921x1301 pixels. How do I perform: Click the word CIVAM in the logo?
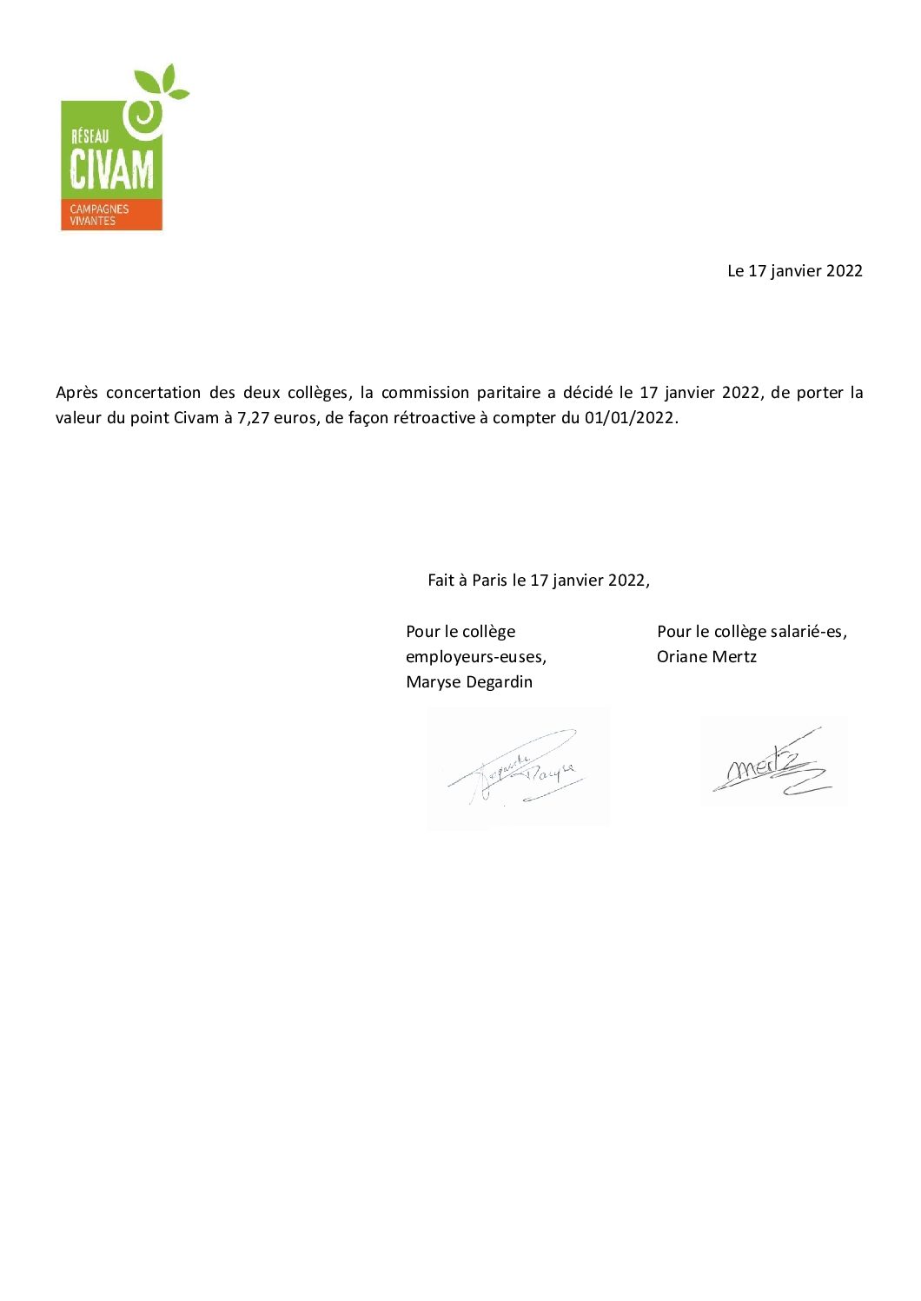[x=111, y=169]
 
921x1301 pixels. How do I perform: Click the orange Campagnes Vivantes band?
[x=110, y=215]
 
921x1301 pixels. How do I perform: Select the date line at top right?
[x=794, y=271]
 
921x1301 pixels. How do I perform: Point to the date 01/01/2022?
[x=629, y=418]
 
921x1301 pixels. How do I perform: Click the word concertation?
[x=153, y=393]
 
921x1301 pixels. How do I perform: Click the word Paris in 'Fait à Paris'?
[x=489, y=581]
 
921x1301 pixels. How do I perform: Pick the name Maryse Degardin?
[x=469, y=682]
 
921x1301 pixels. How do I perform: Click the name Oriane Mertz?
[x=706, y=657]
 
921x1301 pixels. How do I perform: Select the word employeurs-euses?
[x=475, y=657]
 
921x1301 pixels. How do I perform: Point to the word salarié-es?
[x=808, y=632]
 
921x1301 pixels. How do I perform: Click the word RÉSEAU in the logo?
[x=89, y=135]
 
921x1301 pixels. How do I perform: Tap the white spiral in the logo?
[x=142, y=116]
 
